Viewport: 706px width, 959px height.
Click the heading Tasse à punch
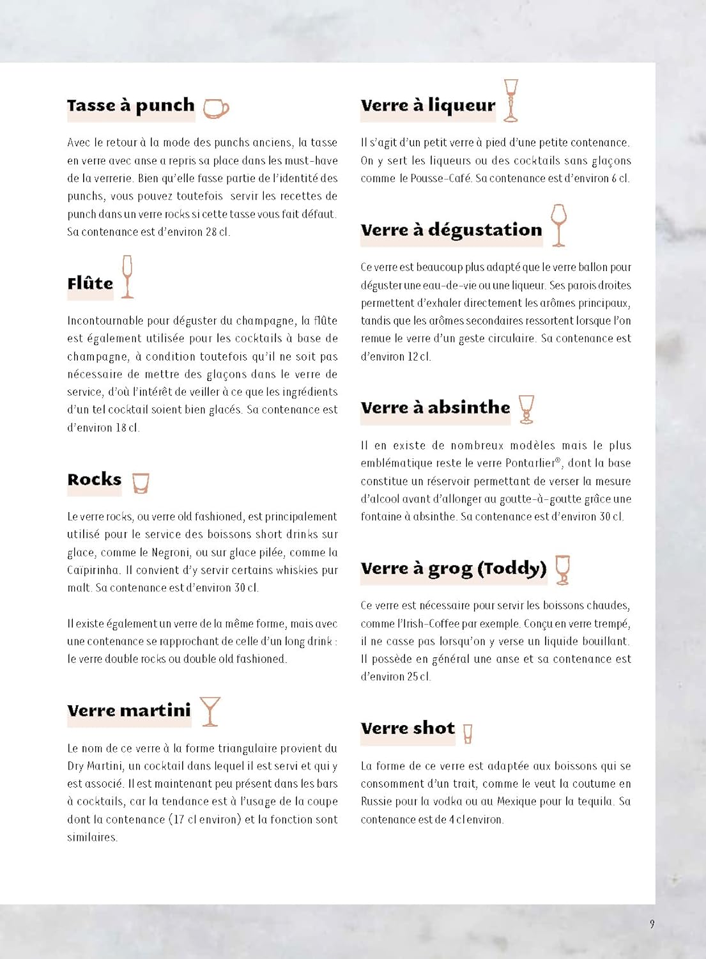tap(130, 105)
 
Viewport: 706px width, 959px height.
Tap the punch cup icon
tap(215, 109)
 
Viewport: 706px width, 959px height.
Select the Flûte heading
tap(90, 283)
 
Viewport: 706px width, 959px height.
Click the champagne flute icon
tap(127, 276)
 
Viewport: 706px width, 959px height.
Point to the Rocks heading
tap(94, 479)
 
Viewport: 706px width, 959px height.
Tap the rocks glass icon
tap(141, 483)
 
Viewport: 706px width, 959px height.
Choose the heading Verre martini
tap(129, 710)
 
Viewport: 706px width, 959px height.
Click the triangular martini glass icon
tap(210, 711)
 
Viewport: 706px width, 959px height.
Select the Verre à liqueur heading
tap(427, 105)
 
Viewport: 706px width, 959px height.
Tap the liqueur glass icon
tap(510, 100)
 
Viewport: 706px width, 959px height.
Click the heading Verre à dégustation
tap(451, 230)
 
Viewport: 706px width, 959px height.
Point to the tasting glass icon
tap(558, 224)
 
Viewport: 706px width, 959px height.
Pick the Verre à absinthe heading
tap(435, 408)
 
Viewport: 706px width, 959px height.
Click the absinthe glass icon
tap(526, 409)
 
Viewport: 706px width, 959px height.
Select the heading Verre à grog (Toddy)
tap(453, 568)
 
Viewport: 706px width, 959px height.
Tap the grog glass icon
tap(562, 569)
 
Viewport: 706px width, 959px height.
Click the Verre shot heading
tap(408, 728)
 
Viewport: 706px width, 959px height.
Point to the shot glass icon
tap(468, 733)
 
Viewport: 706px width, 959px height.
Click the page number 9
tap(652, 924)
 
